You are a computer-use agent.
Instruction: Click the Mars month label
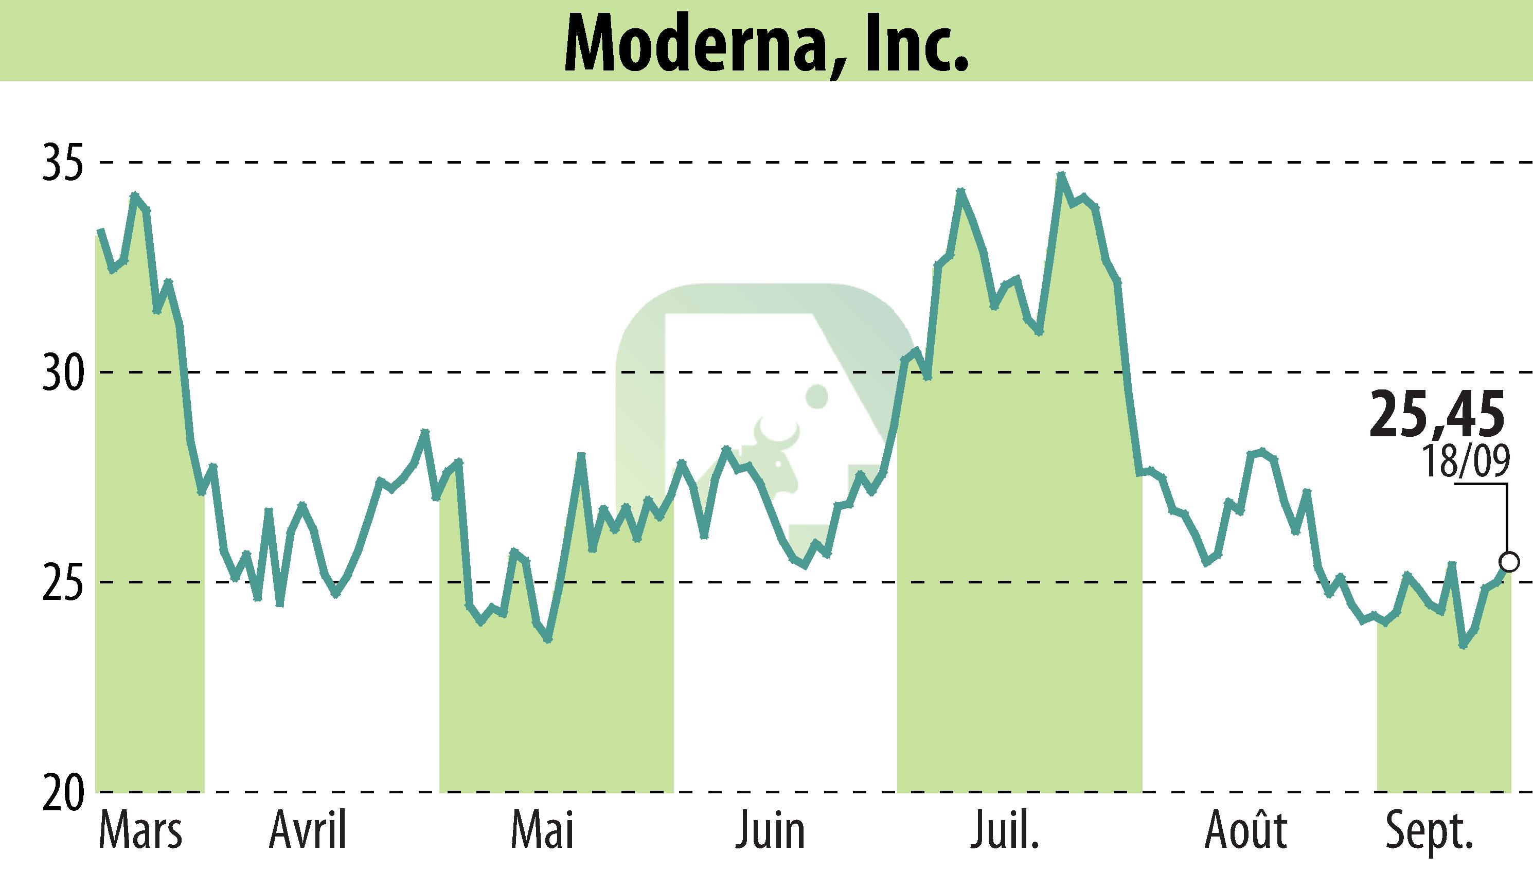coord(140,831)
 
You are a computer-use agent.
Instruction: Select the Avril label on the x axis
coord(308,831)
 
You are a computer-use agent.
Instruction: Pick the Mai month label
coord(543,831)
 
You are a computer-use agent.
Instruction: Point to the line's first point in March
coord(100,230)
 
